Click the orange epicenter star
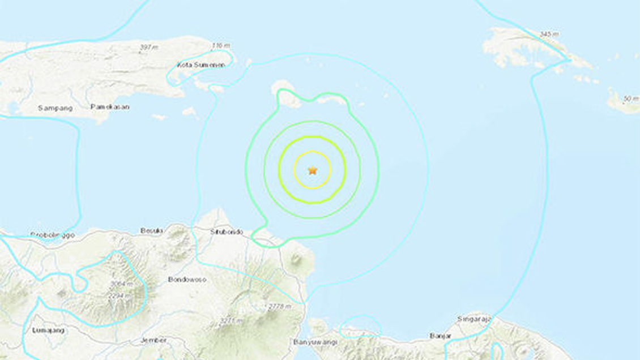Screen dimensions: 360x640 tap(312, 170)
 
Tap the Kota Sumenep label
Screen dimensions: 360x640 tap(200, 65)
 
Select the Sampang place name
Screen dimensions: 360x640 tap(55, 108)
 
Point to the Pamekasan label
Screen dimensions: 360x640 tap(110, 106)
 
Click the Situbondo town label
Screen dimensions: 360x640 tap(227, 232)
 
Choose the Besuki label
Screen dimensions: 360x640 tap(152, 230)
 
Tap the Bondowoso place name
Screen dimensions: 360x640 tap(185, 280)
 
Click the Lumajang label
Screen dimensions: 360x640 tap(48, 330)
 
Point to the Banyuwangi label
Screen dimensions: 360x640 tap(312, 342)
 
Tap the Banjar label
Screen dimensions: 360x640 tap(440, 336)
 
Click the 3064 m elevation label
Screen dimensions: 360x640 tap(121, 284)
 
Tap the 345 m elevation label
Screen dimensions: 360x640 tap(549, 35)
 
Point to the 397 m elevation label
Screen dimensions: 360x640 tap(148, 47)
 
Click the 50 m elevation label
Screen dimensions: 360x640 tap(631, 98)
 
